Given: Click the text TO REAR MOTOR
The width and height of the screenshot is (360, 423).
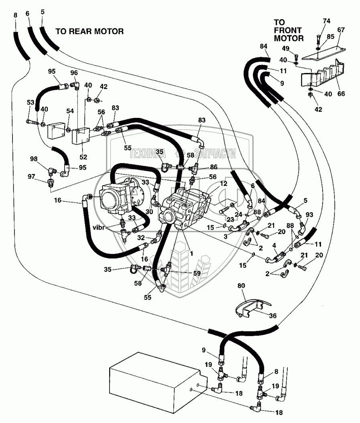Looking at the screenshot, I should (89, 31).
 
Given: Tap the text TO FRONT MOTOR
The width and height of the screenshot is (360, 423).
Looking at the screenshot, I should (288, 30).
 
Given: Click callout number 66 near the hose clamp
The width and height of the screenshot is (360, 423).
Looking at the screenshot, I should (341, 94).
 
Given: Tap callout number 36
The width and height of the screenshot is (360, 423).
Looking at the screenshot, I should (273, 316).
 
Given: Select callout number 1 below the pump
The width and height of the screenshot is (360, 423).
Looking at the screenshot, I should (186, 254).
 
